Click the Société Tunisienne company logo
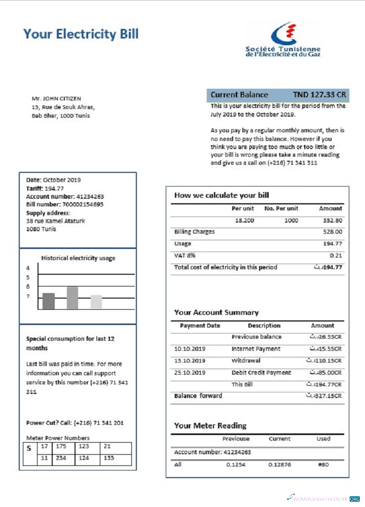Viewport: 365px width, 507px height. click(283, 39)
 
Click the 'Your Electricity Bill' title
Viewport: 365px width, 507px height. click(81, 34)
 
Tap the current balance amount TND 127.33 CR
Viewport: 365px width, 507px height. click(319, 95)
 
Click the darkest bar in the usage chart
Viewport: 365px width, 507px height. click(48, 301)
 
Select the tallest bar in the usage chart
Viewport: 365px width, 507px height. click(72, 298)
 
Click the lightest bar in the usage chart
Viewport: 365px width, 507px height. click(96, 302)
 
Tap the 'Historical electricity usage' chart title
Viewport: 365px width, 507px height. click(78, 258)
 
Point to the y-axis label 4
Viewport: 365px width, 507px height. click(28, 268)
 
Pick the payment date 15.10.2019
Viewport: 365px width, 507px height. click(190, 361)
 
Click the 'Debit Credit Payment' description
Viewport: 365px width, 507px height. click(261, 373)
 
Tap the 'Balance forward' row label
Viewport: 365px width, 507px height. click(198, 396)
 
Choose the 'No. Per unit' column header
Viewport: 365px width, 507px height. click(281, 208)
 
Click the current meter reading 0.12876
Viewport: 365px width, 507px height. click(279, 464)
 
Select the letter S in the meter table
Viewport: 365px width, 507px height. click(29, 448)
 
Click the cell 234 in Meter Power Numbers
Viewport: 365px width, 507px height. click(62, 458)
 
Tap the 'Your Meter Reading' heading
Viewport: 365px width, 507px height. click(210, 425)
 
